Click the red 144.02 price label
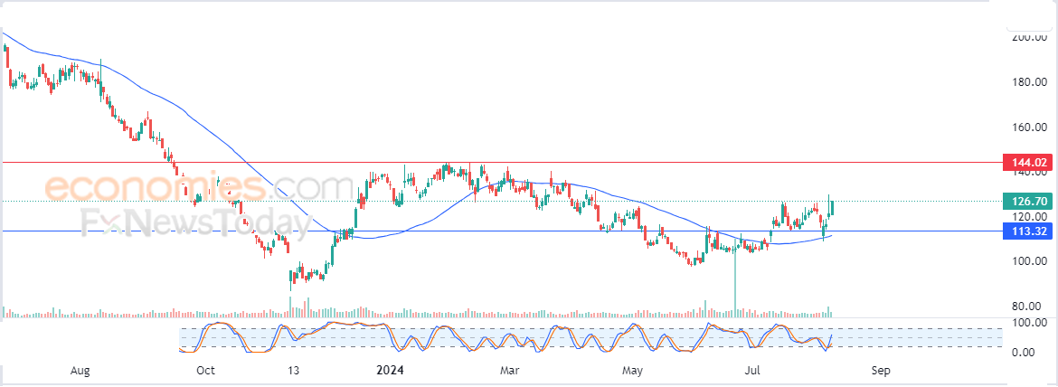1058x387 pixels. click(1028, 163)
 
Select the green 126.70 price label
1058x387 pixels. click(1028, 201)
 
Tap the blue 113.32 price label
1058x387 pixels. click(1028, 231)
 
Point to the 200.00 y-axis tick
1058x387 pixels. click(1029, 38)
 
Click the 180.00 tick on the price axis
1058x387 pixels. click(1029, 82)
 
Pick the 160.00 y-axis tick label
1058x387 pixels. click(1029, 127)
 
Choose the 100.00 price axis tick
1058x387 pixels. click(1029, 261)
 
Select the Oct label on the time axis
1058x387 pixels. click(205, 371)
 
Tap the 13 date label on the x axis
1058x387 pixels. click(292, 371)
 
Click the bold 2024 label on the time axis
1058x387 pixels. click(390, 371)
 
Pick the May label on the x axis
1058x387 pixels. click(633, 371)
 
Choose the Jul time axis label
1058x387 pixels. click(751, 371)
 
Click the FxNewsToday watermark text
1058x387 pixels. click(189, 221)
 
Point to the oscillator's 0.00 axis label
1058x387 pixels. click(1025, 352)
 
